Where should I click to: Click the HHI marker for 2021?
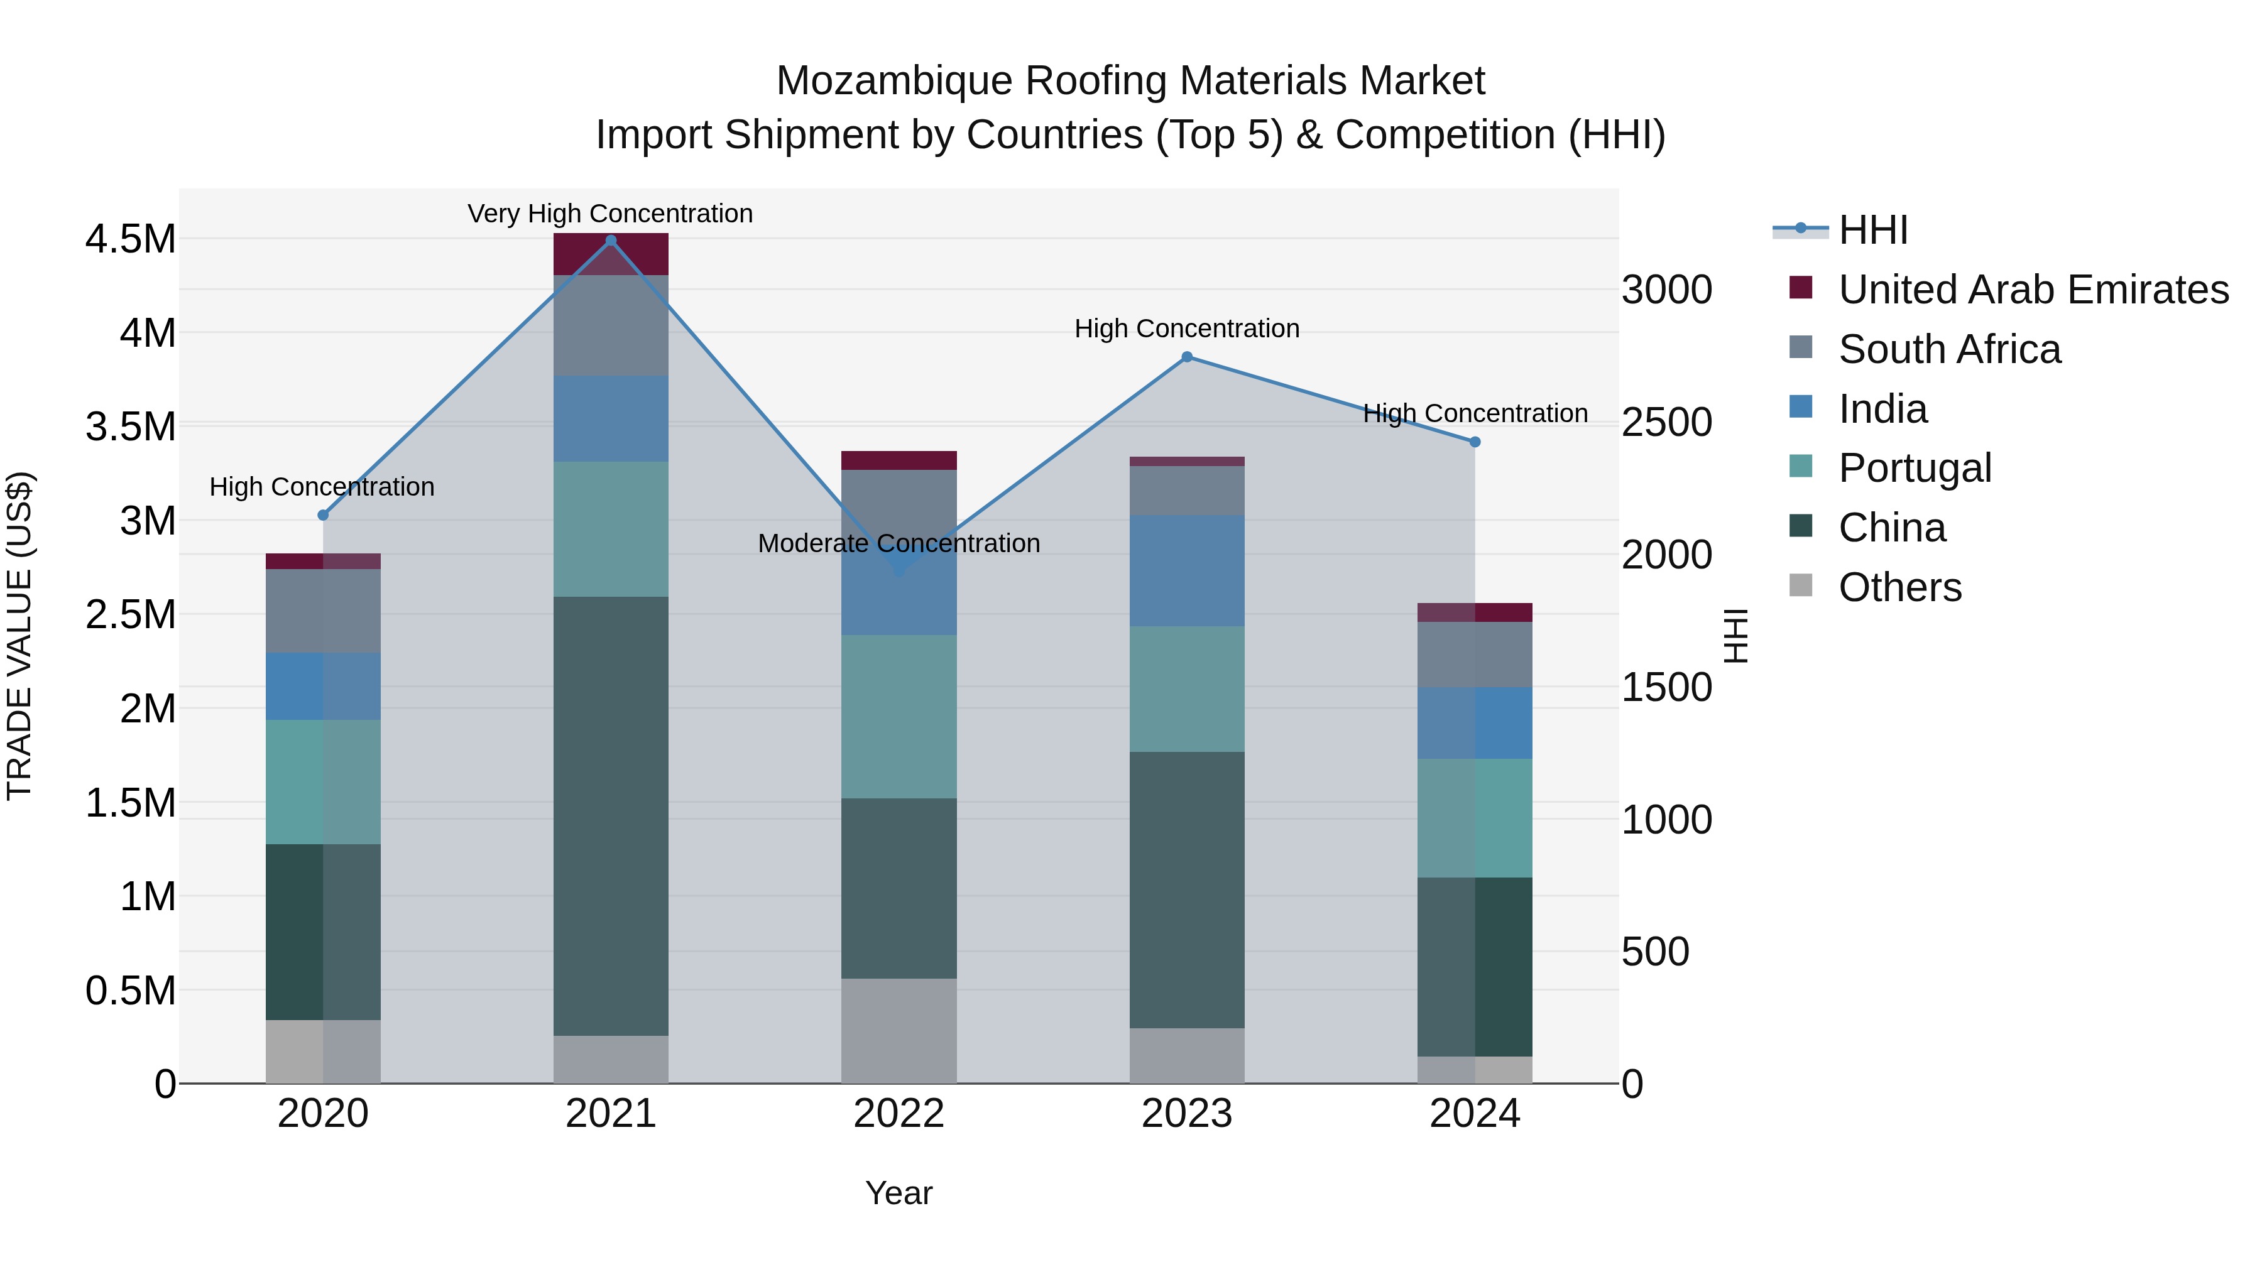(x=611, y=241)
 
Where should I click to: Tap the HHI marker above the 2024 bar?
(x=1475, y=442)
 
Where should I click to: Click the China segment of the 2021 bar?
(x=611, y=817)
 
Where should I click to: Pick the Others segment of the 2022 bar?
(x=899, y=1031)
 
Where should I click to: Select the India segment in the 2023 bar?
(x=1187, y=570)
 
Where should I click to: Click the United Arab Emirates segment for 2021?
(x=611, y=254)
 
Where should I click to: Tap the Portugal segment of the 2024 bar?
(x=1475, y=818)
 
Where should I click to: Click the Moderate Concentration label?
(x=899, y=543)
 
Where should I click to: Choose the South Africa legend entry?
(x=1949, y=349)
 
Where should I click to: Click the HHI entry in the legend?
(x=1873, y=230)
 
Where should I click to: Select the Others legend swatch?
(x=1800, y=585)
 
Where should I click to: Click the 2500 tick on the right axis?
(x=1666, y=422)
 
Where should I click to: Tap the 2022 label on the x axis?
(x=899, y=1114)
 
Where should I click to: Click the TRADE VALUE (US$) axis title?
(x=19, y=636)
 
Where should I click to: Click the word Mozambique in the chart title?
(x=894, y=81)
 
